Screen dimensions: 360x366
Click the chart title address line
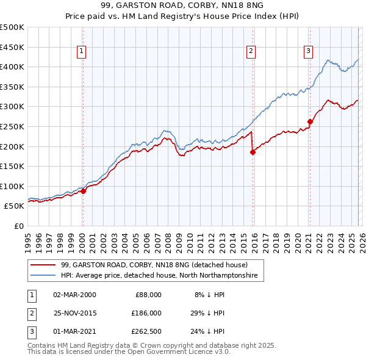(182, 6)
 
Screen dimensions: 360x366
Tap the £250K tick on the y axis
(12, 126)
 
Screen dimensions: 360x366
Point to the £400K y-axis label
(12, 67)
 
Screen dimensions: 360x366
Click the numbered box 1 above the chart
(82, 51)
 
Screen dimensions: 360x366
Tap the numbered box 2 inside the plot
(251, 51)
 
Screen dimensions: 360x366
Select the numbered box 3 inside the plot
(309, 51)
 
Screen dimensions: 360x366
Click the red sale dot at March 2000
(84, 191)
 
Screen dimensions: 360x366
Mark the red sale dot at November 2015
(253, 153)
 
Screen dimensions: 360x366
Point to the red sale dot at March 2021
(310, 121)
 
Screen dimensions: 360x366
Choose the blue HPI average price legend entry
(159, 276)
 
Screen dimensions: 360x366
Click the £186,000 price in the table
(146, 312)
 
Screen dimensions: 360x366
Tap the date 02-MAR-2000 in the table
(74, 294)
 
